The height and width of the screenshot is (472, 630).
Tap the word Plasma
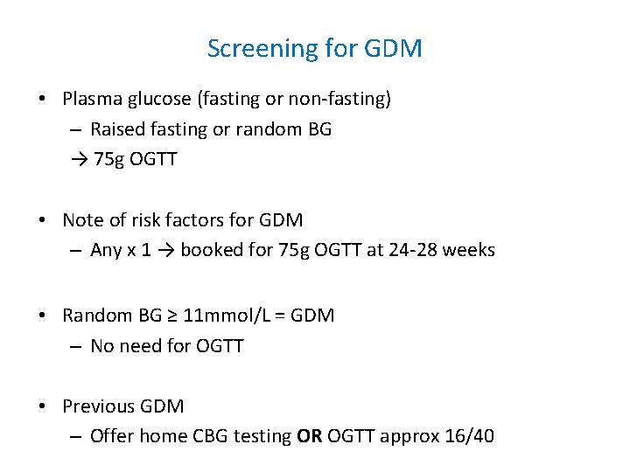pyautogui.click(x=93, y=99)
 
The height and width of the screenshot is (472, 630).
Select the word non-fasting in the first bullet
pyautogui.click(x=340, y=99)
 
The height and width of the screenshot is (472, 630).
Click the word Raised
pyautogui.click(x=118, y=129)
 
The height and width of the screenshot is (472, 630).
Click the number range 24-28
pyautogui.click(x=411, y=250)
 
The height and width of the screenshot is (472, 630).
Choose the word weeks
pyautogui.click(x=470, y=250)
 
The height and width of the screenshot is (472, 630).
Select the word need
pyautogui.click(x=140, y=345)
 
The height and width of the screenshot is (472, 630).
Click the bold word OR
pyautogui.click(x=310, y=435)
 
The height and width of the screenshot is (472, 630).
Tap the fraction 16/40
pyautogui.click(x=470, y=435)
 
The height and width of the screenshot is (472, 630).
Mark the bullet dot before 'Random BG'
pyautogui.click(x=43, y=316)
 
